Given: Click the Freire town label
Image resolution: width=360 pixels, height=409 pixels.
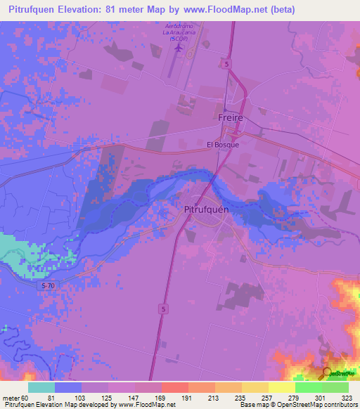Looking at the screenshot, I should coord(230,117).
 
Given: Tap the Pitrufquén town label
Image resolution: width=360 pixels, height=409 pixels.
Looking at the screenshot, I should coord(204,209).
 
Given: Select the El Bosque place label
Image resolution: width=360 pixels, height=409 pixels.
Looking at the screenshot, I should coord(222,145).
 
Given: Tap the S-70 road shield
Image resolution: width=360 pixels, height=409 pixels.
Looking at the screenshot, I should coord(46,285).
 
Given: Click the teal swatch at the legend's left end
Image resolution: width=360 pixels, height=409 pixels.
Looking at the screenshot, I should coord(41,387).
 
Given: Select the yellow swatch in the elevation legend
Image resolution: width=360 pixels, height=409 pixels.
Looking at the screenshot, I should coord(281,387).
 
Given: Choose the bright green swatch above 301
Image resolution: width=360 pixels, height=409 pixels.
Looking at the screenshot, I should coord(308,387).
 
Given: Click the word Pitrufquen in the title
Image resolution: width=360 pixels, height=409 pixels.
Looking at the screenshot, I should coord(35,9).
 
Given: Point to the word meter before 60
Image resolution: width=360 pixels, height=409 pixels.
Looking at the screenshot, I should coord(13,397).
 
